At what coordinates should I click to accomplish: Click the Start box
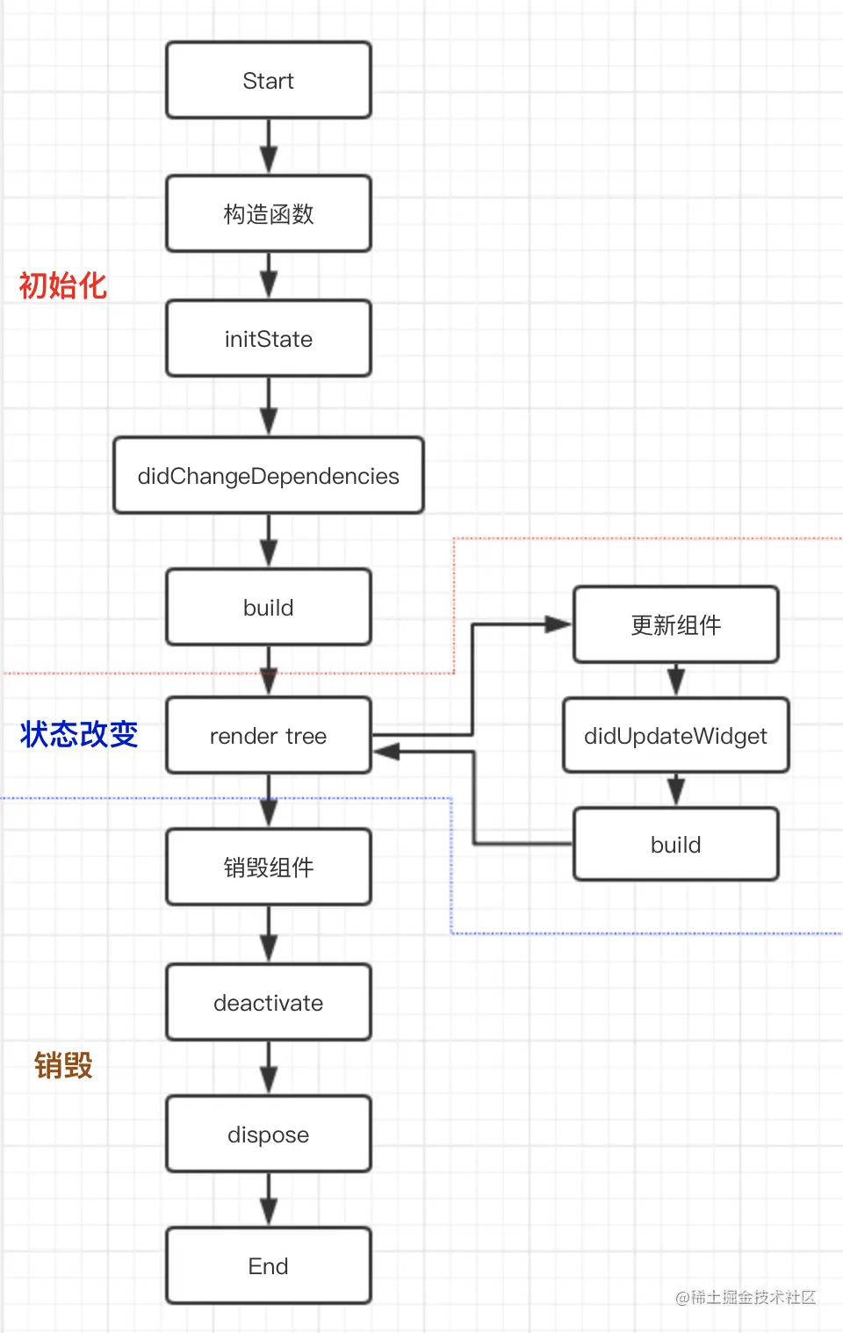(x=269, y=80)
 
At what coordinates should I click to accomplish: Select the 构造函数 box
(x=269, y=213)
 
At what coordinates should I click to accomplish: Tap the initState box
(x=269, y=339)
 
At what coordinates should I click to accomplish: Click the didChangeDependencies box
(x=269, y=475)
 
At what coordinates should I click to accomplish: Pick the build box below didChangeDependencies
(x=269, y=607)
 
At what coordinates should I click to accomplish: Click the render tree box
(x=269, y=736)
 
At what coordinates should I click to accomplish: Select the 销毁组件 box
(x=269, y=867)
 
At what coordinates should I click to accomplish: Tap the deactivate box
(x=269, y=1003)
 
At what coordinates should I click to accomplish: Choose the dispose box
(x=269, y=1135)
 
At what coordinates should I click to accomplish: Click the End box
(x=269, y=1265)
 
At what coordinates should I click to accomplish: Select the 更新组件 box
(x=676, y=624)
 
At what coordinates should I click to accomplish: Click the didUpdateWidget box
(x=676, y=736)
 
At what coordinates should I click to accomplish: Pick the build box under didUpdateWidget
(x=676, y=845)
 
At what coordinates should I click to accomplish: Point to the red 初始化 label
(x=62, y=285)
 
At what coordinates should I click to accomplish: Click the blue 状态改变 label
(x=78, y=734)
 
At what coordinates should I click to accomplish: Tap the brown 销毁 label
(x=63, y=1065)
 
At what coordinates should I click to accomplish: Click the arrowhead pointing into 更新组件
(x=558, y=624)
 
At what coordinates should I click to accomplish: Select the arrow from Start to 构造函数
(x=269, y=147)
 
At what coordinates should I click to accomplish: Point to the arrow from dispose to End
(x=269, y=1200)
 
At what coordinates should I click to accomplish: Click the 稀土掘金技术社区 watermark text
(x=753, y=1297)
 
